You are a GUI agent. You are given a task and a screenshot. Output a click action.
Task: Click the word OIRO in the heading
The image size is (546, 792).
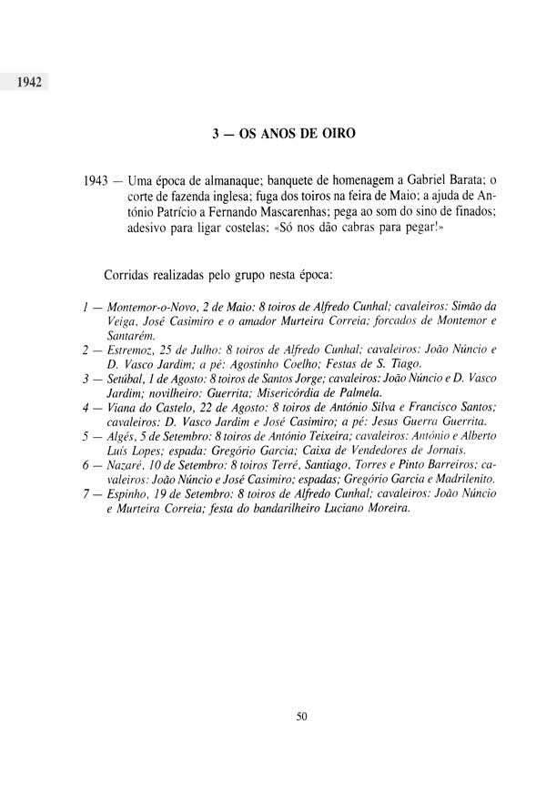tap(337, 134)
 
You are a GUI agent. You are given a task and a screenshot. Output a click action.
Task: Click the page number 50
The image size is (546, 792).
tap(302, 715)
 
